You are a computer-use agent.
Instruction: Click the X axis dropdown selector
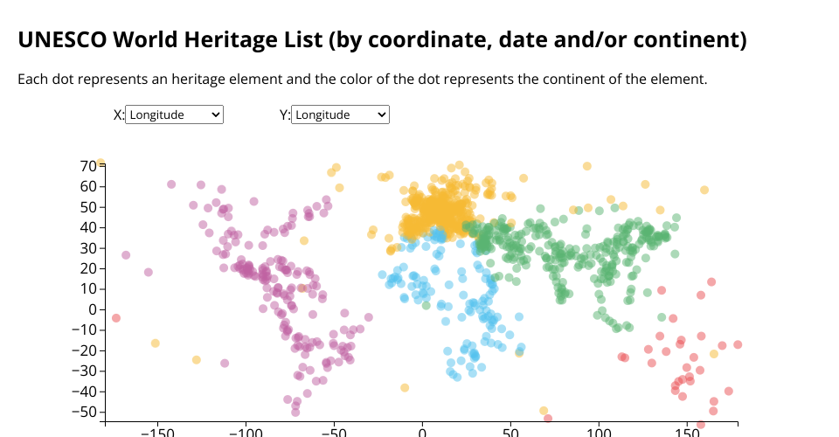175,114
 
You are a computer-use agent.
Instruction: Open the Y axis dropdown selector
340,114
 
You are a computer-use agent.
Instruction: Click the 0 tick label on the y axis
92,309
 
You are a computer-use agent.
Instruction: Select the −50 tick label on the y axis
85,412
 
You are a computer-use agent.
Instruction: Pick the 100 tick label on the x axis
600,432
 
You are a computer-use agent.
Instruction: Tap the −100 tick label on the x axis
245,432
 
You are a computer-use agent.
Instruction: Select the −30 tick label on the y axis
85,371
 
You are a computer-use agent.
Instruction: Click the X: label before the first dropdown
119,114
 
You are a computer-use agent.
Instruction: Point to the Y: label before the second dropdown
285,114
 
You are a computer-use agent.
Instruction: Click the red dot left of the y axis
116,318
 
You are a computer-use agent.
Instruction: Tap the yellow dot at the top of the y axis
101,163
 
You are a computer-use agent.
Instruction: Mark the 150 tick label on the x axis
688,432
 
